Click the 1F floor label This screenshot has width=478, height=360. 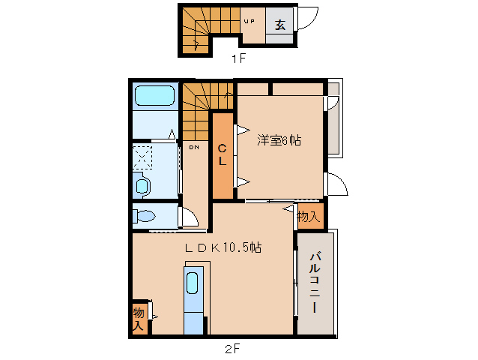[x=238, y=59]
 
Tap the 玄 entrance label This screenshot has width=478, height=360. [x=279, y=24]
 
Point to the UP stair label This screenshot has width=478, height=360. [x=249, y=22]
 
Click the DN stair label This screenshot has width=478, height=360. [x=193, y=147]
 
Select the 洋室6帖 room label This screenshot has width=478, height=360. [x=279, y=140]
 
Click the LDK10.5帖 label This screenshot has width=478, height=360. [x=223, y=247]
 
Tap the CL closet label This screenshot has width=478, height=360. [x=222, y=155]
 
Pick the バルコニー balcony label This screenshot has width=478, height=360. [x=315, y=283]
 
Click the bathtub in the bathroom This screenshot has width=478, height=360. [x=154, y=97]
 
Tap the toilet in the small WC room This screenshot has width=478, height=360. [x=145, y=217]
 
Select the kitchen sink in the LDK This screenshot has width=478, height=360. [x=193, y=284]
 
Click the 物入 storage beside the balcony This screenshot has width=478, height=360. [x=309, y=216]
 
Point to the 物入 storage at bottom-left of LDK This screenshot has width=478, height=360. [x=139, y=318]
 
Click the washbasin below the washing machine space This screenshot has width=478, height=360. [x=141, y=184]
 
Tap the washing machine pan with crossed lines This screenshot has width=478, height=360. [x=142, y=157]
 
